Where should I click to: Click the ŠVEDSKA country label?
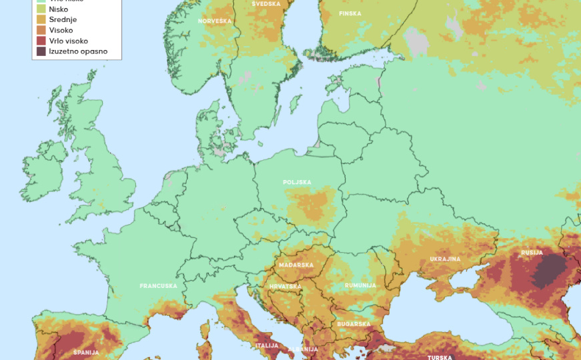265,4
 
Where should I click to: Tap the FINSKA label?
350,14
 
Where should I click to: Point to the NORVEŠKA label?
214,21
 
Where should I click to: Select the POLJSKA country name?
297,182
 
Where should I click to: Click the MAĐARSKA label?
296,265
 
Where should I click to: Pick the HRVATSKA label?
285,287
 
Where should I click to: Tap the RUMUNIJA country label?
360,285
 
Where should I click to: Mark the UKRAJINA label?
445,259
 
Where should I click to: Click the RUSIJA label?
532,253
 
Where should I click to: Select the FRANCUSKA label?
158,286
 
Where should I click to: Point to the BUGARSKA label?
354,324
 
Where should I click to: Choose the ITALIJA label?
267,345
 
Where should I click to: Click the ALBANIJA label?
303,349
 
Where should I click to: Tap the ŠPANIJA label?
86,352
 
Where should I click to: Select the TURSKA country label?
440,357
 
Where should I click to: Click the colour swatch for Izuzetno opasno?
41,51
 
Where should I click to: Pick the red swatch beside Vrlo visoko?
41,41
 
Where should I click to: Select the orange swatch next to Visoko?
41,31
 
